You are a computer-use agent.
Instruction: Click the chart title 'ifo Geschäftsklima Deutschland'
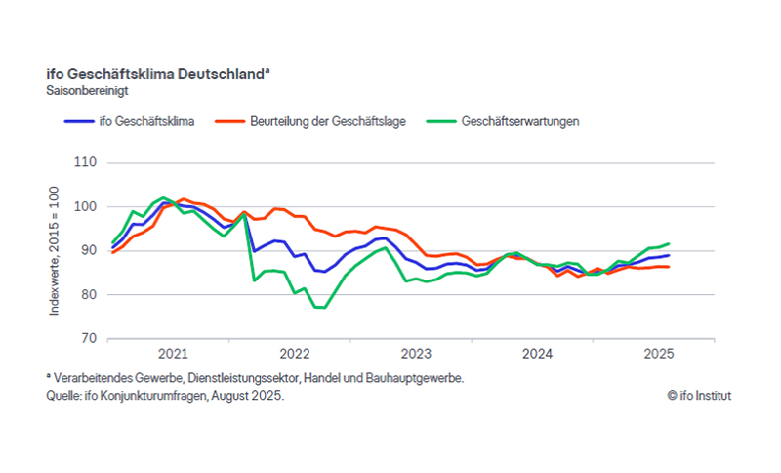point(156,74)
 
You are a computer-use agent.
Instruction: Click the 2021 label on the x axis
point(172,354)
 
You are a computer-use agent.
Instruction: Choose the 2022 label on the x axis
point(294,354)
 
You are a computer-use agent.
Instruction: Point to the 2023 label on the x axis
point(416,354)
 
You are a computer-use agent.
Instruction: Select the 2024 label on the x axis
point(538,354)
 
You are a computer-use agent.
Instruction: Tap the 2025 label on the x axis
point(660,354)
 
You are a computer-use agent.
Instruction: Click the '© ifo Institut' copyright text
point(699,396)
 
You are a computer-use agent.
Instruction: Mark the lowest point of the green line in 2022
point(320,308)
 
